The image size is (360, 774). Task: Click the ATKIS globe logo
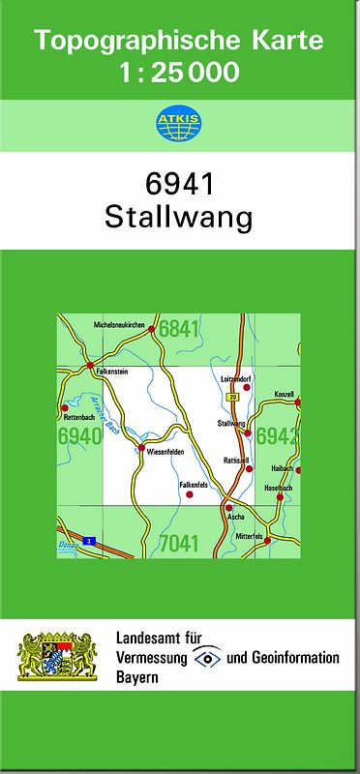[179, 124]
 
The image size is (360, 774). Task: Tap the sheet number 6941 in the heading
[179, 185]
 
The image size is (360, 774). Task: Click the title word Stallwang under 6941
[179, 217]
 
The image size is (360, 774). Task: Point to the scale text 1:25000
[179, 73]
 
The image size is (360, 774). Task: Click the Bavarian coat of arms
[59, 657]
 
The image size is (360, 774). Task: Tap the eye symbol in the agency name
[207, 658]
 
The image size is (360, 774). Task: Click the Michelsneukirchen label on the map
[118, 325]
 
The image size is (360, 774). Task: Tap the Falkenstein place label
[112, 370]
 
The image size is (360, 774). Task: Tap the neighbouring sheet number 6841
[179, 329]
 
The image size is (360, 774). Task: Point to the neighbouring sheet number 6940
[79, 436]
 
